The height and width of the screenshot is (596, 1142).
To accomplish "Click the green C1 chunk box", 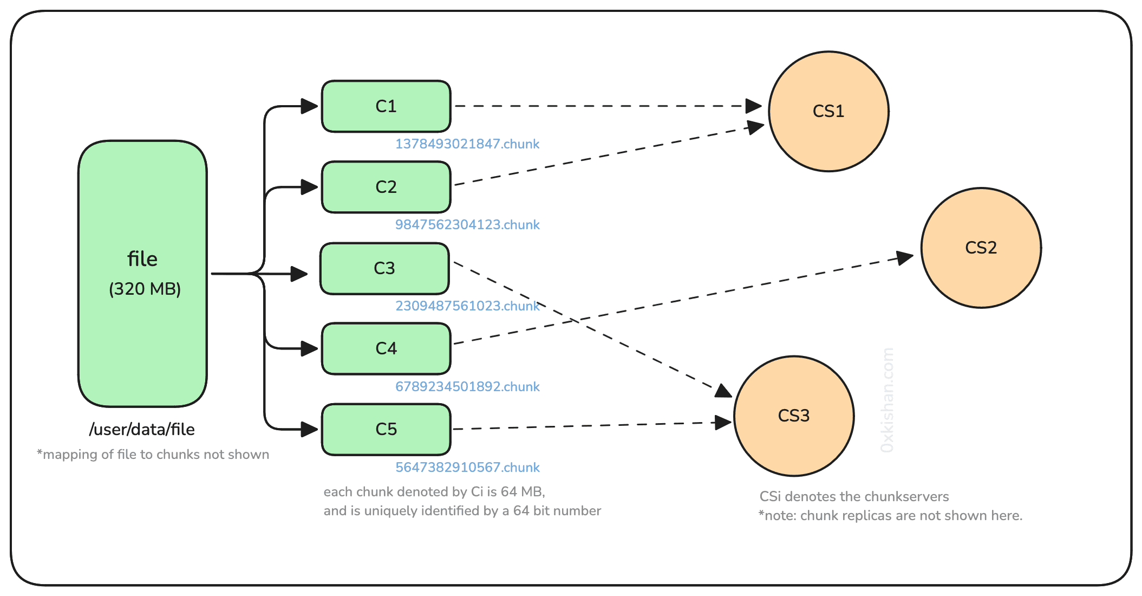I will [x=386, y=106].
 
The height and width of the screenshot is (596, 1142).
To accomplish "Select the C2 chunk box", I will [x=386, y=187].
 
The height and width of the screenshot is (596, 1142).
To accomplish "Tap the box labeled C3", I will [x=384, y=268].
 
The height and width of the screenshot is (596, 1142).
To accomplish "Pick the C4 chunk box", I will [x=386, y=348].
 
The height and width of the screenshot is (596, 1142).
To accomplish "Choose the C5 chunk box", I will [x=386, y=429].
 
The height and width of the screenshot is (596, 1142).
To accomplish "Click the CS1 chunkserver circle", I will [x=828, y=111].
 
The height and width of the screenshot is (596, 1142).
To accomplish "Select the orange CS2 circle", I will [x=981, y=248].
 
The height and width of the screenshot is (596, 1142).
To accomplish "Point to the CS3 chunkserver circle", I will [x=794, y=416].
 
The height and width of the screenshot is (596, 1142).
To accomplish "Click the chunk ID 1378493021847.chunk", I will [x=467, y=144].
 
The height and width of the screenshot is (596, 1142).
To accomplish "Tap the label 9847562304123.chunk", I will [x=467, y=225].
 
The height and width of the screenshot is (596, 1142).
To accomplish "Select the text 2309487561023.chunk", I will [x=467, y=306].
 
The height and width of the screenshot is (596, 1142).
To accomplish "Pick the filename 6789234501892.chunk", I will [x=467, y=387].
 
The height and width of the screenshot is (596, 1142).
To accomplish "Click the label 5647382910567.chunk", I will [x=467, y=468].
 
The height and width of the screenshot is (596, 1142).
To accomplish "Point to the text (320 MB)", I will [x=145, y=289].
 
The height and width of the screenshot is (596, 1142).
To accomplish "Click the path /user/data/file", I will [x=142, y=430].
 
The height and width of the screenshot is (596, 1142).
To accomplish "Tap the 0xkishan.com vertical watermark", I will [x=887, y=400].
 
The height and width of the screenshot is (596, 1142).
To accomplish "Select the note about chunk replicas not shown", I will [x=890, y=516].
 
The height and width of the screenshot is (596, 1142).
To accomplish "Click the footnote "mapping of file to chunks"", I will [x=153, y=455].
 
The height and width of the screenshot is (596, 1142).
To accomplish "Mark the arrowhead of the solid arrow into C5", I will [x=310, y=430].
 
